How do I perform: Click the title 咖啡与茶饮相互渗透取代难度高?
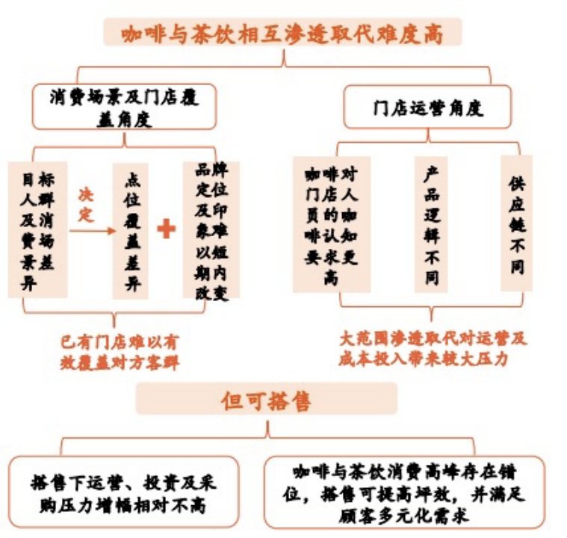[282, 34]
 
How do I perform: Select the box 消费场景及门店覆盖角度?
[124, 107]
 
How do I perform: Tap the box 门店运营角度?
[428, 108]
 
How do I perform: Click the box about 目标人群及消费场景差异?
[37, 229]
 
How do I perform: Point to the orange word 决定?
[87, 205]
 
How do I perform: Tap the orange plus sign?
[166, 229]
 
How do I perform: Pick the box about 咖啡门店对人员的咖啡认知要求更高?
[331, 224]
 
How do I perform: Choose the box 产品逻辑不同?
[432, 224]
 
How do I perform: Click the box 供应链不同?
[517, 223]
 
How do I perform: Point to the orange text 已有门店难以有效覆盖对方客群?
[120, 352]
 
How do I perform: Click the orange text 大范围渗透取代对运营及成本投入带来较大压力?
[433, 347]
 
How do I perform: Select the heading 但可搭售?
[266, 401]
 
